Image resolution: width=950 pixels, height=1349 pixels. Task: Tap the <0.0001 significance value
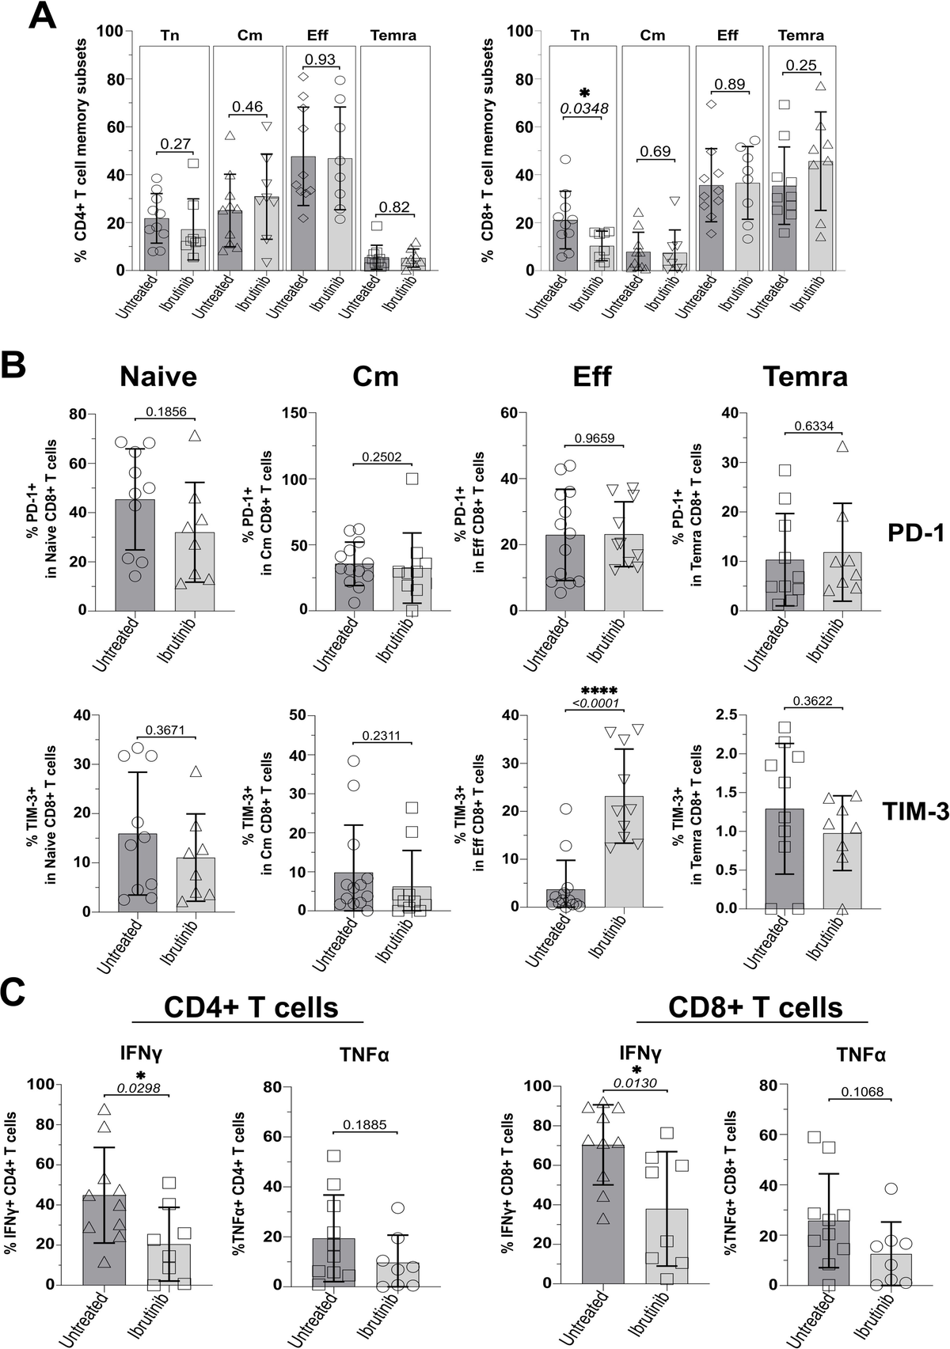point(595,704)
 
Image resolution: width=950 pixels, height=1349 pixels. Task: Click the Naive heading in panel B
point(159,377)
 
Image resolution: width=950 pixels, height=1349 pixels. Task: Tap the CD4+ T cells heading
point(251,1007)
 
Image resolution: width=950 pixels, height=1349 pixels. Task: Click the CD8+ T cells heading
point(755,1007)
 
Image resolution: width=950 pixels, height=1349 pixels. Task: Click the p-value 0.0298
point(139,1089)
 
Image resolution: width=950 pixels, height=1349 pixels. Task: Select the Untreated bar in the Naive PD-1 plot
point(135,555)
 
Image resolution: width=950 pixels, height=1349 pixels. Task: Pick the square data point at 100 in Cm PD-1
point(412,478)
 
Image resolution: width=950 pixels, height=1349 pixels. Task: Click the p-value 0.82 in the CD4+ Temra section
point(394,207)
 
